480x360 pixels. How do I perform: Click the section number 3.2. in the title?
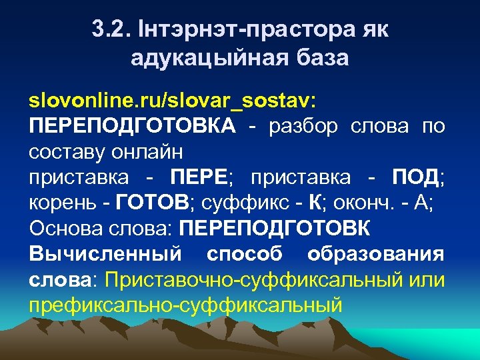coord(108,31)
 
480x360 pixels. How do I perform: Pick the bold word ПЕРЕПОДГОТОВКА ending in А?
coord(132,126)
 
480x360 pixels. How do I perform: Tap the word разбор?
coord(306,126)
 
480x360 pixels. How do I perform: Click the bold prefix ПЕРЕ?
coord(199,177)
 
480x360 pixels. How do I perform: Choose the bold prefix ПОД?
coord(415,177)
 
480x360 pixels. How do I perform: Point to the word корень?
coord(59,203)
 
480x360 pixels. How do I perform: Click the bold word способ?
coord(245,254)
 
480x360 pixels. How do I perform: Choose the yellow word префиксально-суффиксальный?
coord(185,305)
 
